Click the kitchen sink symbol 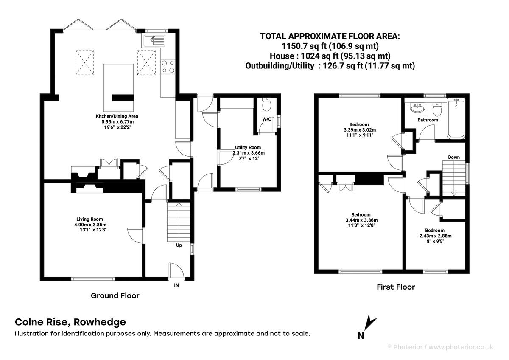(154, 41)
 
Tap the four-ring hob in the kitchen (168, 66)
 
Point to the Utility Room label (248, 147)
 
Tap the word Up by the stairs (179, 245)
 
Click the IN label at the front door (176, 285)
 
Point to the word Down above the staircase (454, 157)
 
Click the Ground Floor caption (115, 295)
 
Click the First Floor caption (395, 287)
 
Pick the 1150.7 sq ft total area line (330, 46)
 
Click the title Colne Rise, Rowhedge (70, 322)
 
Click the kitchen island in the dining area (120, 87)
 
